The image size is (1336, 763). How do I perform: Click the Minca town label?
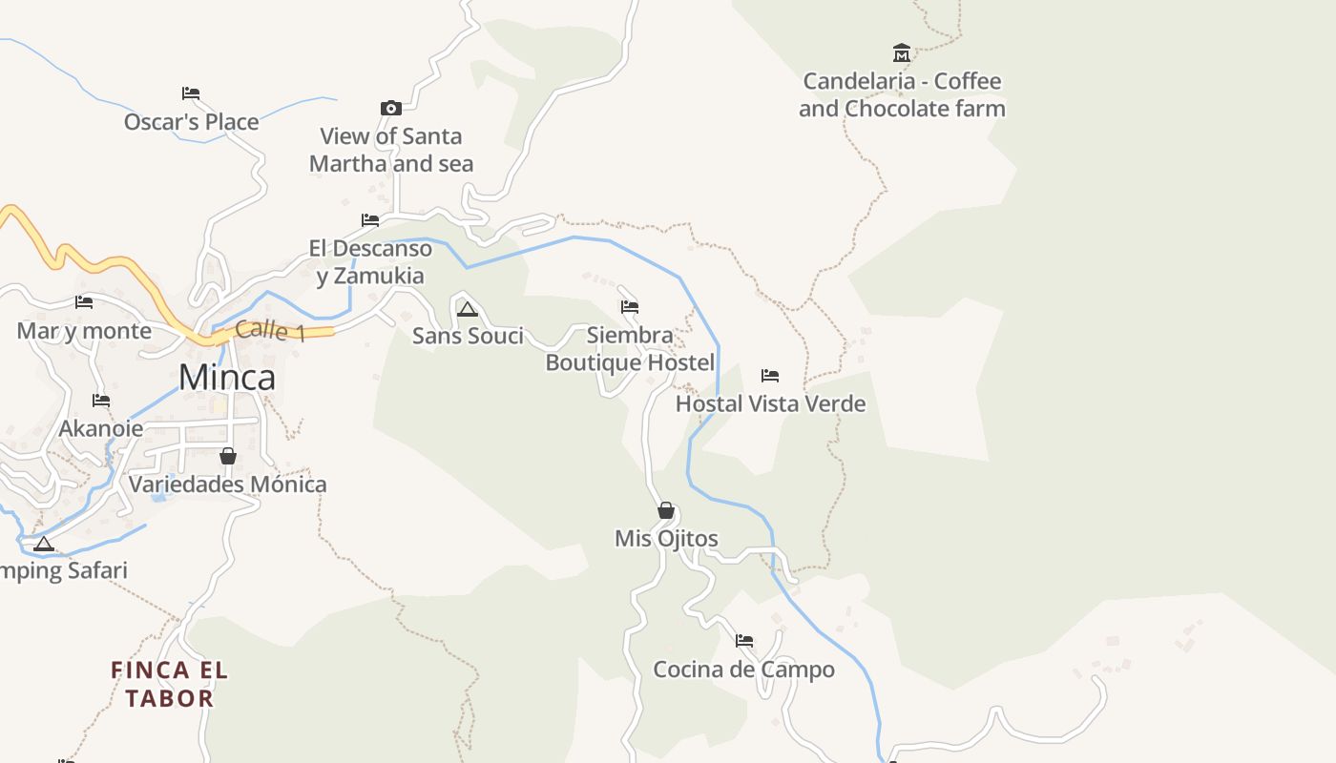(x=226, y=378)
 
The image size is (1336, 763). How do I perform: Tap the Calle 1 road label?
(x=270, y=331)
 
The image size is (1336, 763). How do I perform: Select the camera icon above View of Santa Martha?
(x=391, y=108)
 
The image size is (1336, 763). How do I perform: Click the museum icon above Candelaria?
(x=902, y=52)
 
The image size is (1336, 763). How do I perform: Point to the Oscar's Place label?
(x=192, y=122)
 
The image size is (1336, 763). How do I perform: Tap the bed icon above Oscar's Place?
(x=191, y=93)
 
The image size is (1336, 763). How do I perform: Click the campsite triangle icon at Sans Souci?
(x=467, y=309)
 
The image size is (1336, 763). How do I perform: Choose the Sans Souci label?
(x=468, y=336)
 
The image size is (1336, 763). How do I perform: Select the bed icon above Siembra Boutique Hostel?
(x=630, y=307)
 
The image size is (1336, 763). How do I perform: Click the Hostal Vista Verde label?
(x=771, y=403)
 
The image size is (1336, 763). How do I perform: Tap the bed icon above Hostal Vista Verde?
(x=770, y=376)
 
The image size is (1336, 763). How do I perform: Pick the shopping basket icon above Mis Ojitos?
(x=666, y=510)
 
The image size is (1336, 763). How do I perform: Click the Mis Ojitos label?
(x=666, y=539)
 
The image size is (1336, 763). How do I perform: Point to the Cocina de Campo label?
(x=743, y=670)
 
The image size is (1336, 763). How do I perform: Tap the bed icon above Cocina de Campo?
(x=744, y=641)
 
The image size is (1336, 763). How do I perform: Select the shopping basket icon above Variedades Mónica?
(x=228, y=456)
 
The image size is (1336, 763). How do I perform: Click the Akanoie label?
(x=101, y=428)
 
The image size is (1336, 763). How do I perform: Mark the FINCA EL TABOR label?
(x=170, y=684)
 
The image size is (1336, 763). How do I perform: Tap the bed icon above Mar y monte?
(x=84, y=303)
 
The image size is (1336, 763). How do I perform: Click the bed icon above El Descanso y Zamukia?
(x=370, y=220)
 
